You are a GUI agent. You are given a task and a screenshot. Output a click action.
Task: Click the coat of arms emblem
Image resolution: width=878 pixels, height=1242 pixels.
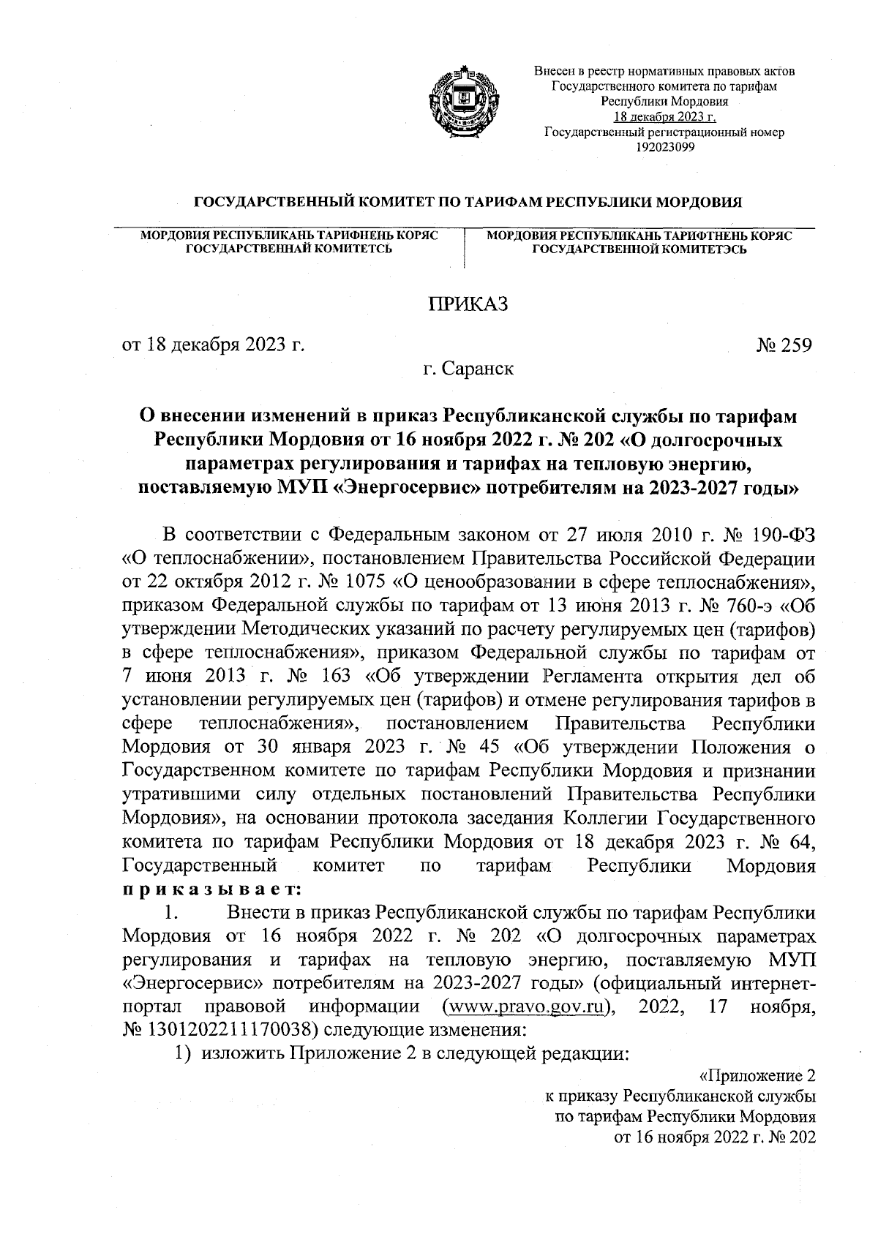(463, 102)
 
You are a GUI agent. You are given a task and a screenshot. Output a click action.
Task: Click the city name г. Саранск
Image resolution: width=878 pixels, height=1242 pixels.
(468, 369)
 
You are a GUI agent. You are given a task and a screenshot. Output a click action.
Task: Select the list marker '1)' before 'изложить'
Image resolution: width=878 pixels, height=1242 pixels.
(182, 1053)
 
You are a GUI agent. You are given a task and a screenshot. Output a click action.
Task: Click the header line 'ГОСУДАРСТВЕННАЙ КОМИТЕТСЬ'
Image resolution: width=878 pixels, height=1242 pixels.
(288, 249)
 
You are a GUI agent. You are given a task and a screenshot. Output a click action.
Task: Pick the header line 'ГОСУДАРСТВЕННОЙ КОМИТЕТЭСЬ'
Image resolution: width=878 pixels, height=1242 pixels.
(639, 249)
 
